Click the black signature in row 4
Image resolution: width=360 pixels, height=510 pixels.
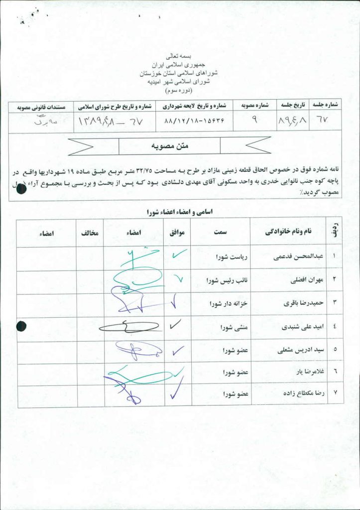128,327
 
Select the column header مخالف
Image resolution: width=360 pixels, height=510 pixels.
90,233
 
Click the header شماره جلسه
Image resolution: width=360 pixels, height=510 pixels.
326,106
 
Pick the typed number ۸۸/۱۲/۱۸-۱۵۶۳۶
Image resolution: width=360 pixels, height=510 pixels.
194,121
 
